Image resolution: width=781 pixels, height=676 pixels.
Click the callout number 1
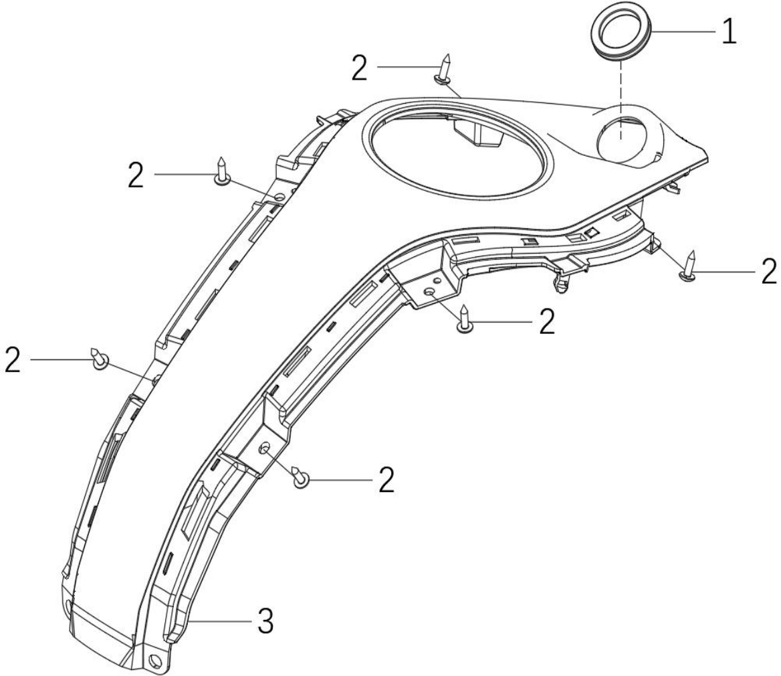[730, 32]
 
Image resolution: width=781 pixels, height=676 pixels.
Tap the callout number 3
[266, 621]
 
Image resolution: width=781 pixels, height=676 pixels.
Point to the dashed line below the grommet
[621, 98]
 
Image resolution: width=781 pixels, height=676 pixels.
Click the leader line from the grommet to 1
[683, 31]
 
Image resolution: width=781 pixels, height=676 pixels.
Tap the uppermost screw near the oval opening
[444, 69]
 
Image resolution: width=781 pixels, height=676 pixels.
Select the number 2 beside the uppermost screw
[360, 68]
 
